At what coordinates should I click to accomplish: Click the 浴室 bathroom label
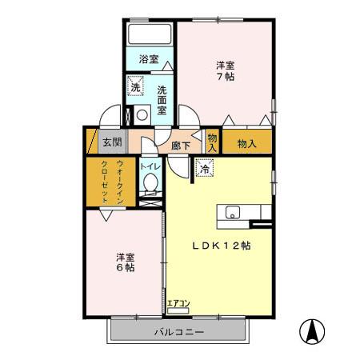point(148,59)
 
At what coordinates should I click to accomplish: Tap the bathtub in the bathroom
point(149,34)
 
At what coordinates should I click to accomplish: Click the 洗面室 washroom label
point(162,100)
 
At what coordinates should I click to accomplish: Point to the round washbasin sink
point(142,114)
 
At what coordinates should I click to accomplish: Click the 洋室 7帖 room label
point(225,70)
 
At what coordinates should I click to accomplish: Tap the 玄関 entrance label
point(112,143)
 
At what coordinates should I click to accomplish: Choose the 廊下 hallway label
point(181,146)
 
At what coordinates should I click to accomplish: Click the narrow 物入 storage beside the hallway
point(212,142)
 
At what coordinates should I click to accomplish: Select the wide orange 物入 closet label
point(246,144)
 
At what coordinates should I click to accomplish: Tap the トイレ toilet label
point(150,166)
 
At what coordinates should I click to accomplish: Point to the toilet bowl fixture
point(150,183)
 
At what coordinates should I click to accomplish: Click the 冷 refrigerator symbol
point(206,169)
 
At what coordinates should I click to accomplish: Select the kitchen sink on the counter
point(231,212)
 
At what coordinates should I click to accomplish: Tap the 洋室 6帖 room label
point(124,262)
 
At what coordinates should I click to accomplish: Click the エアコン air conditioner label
point(178,303)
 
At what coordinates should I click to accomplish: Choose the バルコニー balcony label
point(178,330)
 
